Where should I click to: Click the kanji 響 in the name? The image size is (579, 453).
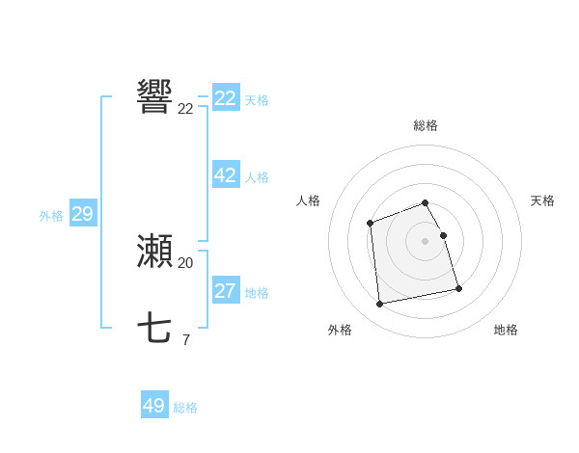154,97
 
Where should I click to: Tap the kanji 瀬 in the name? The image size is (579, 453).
154,252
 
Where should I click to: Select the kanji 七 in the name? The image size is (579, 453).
154,329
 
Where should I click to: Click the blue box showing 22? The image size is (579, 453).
226,98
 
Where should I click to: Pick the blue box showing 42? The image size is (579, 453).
226,175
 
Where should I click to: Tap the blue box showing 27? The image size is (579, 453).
226,291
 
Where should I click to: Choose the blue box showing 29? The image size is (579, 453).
82,214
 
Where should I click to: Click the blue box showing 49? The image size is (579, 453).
154,406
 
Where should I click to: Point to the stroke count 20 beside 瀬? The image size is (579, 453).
185,262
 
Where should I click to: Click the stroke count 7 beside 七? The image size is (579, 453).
185,339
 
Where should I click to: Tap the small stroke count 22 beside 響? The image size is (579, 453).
185,109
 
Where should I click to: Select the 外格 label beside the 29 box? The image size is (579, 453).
51,216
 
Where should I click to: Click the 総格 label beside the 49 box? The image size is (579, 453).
185,408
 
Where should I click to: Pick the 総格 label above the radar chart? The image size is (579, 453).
426,125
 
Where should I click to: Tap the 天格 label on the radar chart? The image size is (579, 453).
543,200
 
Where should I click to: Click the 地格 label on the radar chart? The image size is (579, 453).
506,330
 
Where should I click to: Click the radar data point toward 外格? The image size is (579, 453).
380,305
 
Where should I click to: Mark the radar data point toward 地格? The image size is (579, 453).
458,288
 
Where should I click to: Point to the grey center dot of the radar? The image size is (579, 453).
426,240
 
